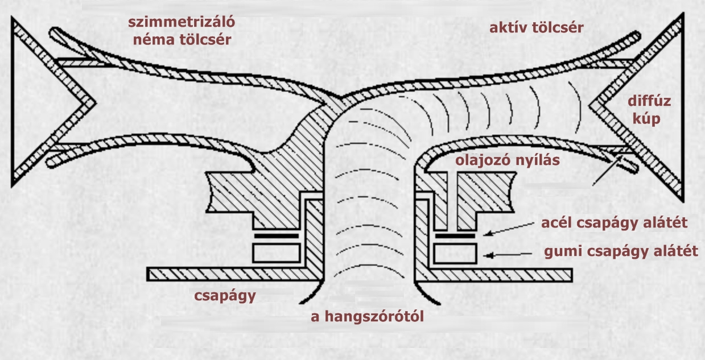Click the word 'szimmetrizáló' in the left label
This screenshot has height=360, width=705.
[x=182, y=23]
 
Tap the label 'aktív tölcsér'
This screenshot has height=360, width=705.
[x=537, y=28]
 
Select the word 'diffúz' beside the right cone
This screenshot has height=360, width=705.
[x=649, y=101]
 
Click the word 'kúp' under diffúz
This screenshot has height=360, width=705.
[x=646, y=119]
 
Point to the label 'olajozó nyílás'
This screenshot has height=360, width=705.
[x=508, y=160]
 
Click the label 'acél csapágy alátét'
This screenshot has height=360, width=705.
[x=615, y=223]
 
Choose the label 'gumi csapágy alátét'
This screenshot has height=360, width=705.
[x=621, y=252]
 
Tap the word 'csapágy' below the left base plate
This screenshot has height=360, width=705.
[x=225, y=296]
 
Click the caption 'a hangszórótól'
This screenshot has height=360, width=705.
[x=367, y=316]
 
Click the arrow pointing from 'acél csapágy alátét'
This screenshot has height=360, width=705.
[x=508, y=229]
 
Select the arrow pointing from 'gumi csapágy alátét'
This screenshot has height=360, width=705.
[x=508, y=255]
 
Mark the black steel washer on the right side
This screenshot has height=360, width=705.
[x=455, y=236]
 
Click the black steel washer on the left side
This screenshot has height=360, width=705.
[x=277, y=236]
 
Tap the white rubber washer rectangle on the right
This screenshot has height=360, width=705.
[x=455, y=253]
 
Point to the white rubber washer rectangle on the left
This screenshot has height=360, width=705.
[x=277, y=253]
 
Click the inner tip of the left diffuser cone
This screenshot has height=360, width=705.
[x=95, y=102]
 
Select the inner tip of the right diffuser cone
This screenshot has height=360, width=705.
[x=589, y=106]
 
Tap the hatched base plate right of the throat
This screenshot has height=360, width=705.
[x=493, y=275]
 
